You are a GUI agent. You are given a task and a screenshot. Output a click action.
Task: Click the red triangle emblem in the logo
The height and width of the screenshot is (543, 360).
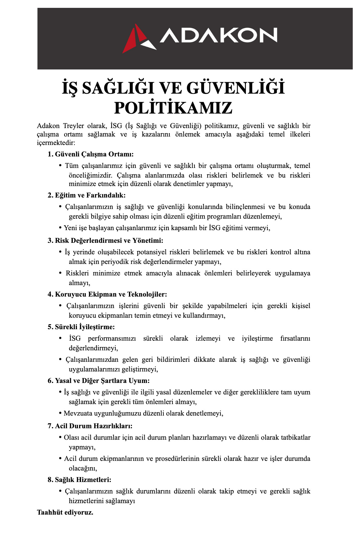point(130,41)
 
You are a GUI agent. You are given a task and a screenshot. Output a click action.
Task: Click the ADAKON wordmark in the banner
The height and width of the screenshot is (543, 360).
point(218,35)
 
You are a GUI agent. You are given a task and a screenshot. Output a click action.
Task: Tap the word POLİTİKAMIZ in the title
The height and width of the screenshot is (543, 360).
point(173,108)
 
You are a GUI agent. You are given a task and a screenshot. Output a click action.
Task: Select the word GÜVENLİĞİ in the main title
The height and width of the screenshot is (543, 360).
point(236,88)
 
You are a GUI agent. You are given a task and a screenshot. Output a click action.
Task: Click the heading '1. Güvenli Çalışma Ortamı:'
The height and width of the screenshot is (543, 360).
point(91,154)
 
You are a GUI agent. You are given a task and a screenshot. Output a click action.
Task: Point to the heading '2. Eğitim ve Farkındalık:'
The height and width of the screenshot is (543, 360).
point(86,195)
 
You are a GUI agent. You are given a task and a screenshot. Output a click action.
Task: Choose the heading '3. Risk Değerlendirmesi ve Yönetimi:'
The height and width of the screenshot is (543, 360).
point(105,241)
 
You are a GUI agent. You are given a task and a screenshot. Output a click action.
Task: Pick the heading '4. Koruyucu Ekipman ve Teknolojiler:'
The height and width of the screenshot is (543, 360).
point(107,294)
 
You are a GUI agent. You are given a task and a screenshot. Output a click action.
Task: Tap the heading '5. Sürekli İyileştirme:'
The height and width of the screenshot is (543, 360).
point(81,327)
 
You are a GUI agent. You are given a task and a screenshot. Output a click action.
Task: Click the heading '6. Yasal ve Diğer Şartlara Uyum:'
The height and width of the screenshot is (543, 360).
point(98,381)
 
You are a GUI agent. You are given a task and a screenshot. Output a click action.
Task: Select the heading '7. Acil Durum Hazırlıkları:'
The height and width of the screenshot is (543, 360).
point(90,426)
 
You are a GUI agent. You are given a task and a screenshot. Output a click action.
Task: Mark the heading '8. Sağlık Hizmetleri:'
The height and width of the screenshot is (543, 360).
point(79,480)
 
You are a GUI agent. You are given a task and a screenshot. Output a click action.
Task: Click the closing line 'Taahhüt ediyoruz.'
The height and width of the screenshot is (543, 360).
point(65,512)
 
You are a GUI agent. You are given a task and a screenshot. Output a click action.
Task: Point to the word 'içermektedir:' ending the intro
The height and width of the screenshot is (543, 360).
point(56,143)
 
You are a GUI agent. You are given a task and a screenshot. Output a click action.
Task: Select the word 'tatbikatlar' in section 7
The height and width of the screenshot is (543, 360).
point(296,438)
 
